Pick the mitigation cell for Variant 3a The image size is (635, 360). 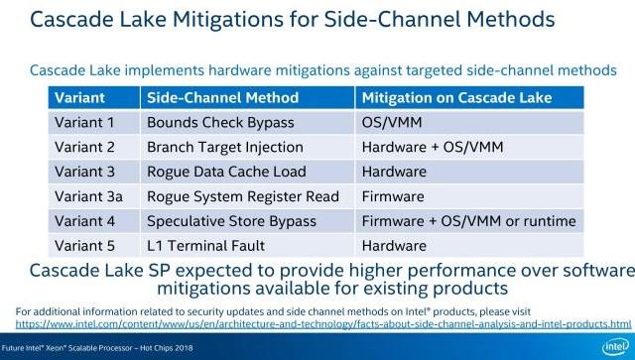393,196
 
